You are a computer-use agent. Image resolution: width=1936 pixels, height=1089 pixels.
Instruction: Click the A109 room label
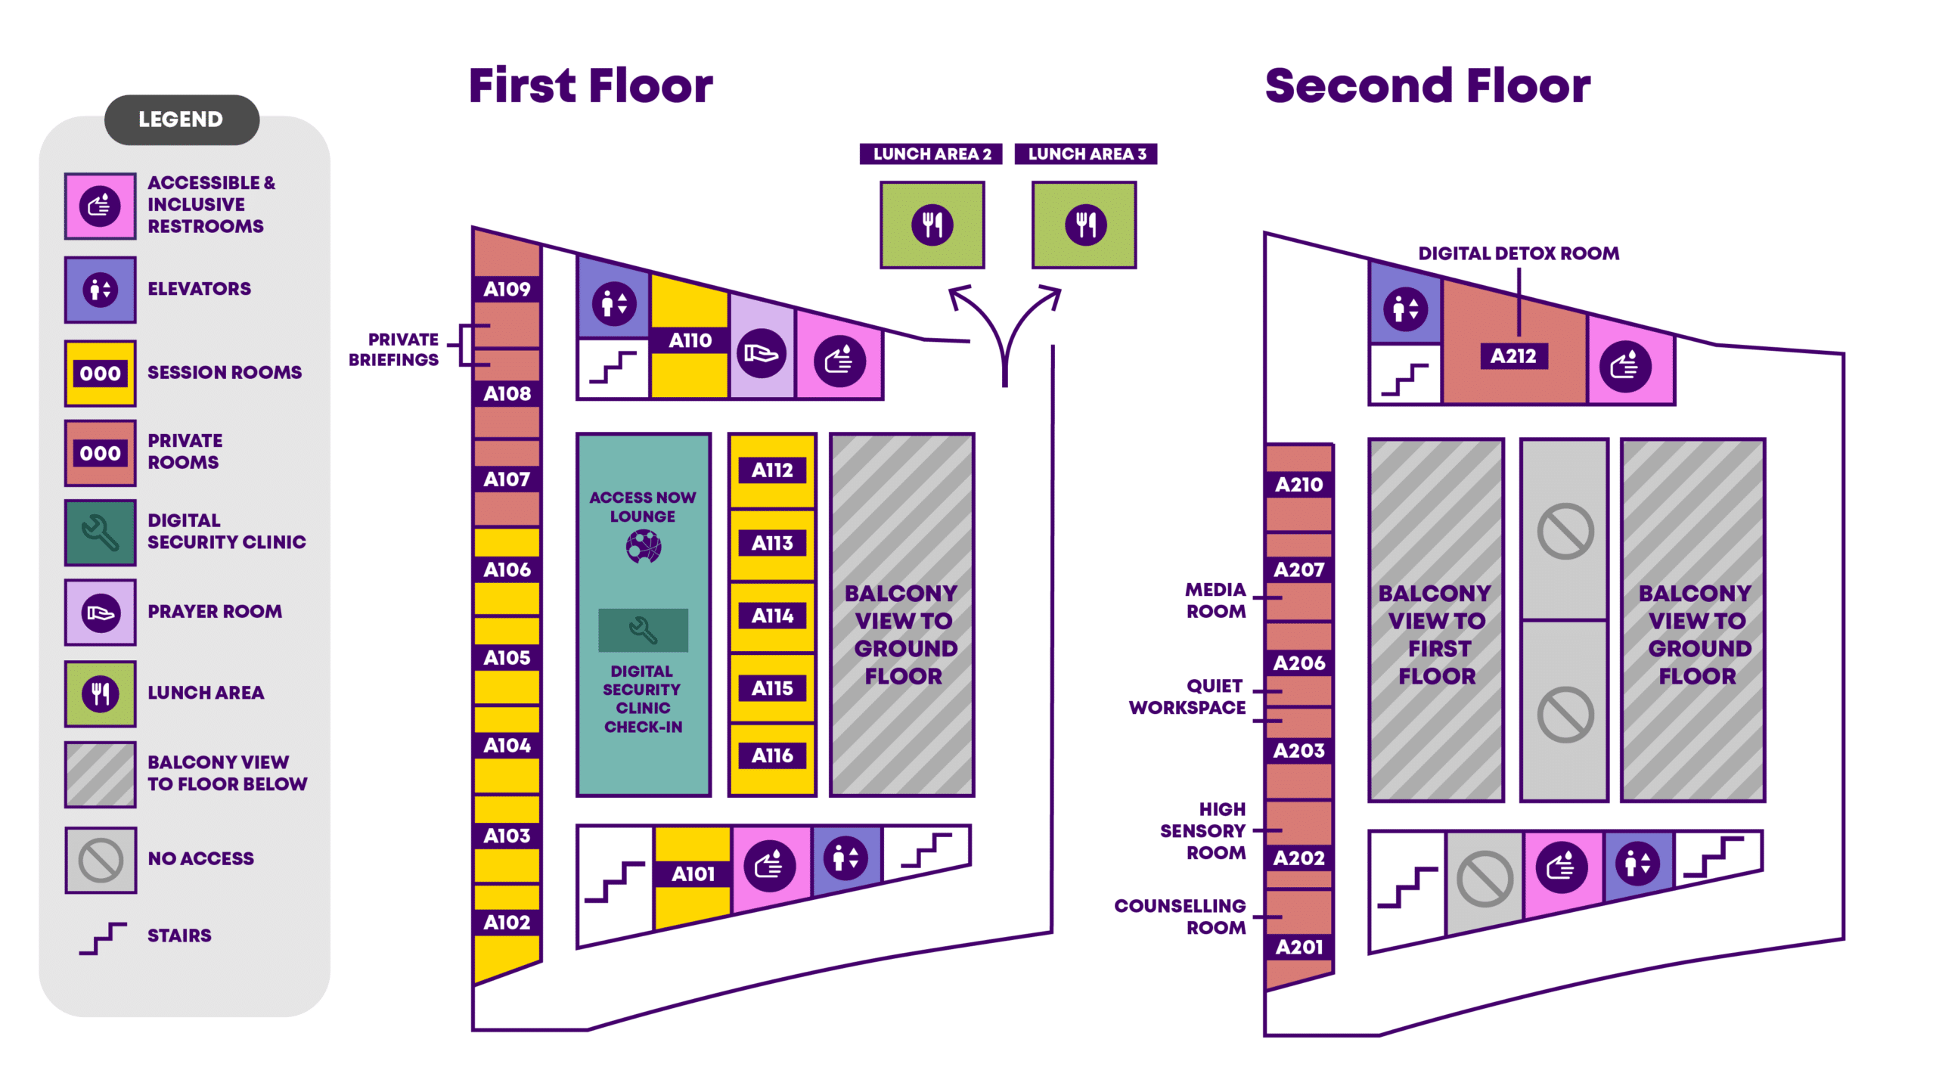tap(507, 289)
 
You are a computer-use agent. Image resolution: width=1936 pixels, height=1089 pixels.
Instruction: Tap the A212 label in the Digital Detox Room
tap(1512, 356)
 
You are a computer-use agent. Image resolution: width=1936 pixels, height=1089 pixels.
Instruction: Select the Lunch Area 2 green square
tap(932, 225)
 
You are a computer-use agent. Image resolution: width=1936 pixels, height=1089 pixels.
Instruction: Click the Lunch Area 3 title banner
tap(1085, 154)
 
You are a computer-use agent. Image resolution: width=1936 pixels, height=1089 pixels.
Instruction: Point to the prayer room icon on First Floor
tap(761, 353)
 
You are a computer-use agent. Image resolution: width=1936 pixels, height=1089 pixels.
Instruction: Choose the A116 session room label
tap(771, 755)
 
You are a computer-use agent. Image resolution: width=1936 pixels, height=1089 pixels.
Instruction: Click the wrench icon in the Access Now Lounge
tap(643, 630)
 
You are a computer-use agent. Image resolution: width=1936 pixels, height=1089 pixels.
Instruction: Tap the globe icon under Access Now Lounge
tap(643, 546)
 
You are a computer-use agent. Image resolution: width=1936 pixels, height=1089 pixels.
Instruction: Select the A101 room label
tap(693, 873)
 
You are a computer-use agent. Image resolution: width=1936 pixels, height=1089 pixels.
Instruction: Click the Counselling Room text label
tap(1180, 917)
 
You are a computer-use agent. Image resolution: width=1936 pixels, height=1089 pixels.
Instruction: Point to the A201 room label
tap(1298, 947)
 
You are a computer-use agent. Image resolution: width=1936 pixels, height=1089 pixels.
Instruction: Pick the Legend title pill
tap(181, 119)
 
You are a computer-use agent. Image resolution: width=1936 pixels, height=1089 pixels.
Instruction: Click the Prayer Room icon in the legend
tap(101, 612)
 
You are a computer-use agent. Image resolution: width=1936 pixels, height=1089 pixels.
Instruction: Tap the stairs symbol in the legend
tap(103, 938)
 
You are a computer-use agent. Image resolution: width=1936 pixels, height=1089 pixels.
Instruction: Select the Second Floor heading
tap(1427, 85)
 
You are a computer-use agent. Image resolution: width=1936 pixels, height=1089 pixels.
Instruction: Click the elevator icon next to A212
tap(1405, 309)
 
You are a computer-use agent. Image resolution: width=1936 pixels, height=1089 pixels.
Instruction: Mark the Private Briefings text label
tap(394, 349)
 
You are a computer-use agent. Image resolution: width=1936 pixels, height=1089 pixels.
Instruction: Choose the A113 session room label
tap(771, 543)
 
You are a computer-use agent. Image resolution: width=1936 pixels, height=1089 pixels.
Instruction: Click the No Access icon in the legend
tap(101, 860)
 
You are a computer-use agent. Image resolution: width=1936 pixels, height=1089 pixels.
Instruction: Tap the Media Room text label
tap(1215, 600)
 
